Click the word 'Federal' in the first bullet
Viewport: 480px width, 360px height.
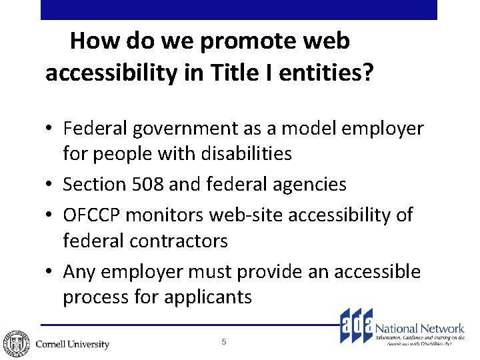point(101,128)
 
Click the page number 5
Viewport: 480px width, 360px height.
point(224,342)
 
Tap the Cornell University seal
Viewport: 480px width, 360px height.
point(15,341)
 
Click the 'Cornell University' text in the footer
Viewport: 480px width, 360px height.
point(72,344)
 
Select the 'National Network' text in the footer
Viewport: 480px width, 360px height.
point(420,328)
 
